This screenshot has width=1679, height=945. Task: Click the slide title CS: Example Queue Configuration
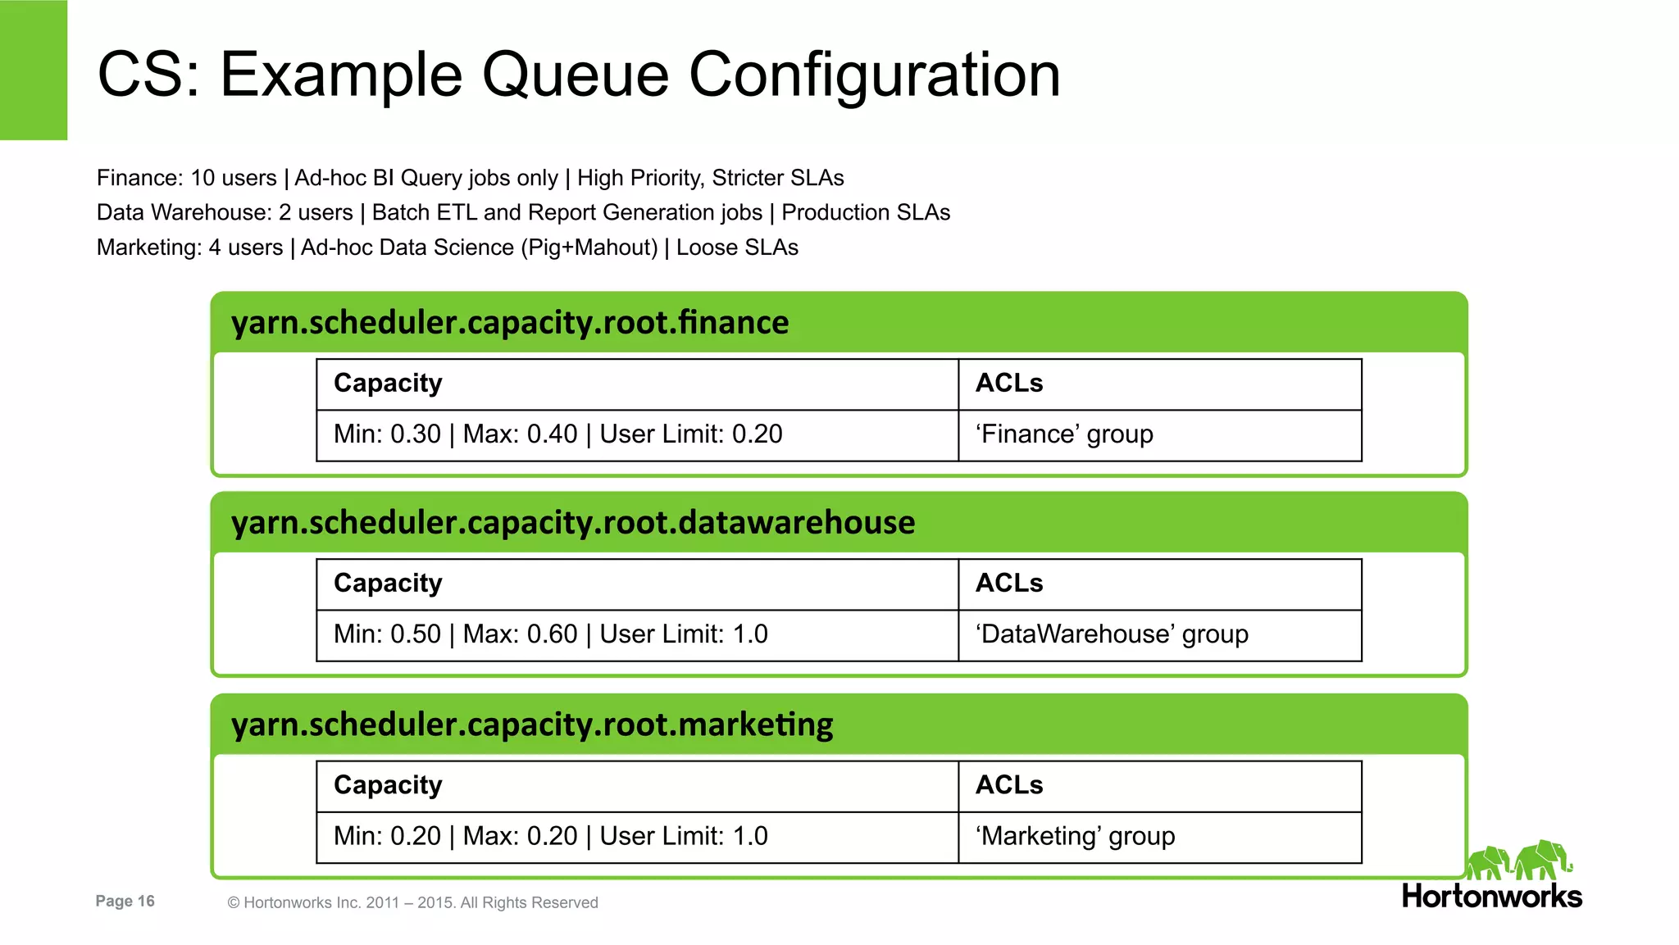point(578,75)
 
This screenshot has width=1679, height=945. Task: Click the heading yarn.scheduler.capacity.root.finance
point(510,323)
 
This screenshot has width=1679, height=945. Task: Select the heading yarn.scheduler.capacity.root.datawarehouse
point(572,523)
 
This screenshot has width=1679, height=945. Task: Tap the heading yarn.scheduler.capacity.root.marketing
point(532,725)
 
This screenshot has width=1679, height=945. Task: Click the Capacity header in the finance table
point(388,384)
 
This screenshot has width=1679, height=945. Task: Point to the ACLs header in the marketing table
point(1009,785)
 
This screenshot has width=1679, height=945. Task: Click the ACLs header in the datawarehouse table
point(1009,584)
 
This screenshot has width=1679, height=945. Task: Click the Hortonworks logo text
point(1491,896)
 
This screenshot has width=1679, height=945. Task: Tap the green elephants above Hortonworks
point(1518,861)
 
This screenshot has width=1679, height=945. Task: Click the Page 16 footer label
point(125,902)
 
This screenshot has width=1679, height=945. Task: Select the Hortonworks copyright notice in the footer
point(412,903)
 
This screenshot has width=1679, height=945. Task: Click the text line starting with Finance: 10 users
point(470,178)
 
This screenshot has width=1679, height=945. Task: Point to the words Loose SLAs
point(737,248)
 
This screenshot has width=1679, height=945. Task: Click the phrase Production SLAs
point(866,213)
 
